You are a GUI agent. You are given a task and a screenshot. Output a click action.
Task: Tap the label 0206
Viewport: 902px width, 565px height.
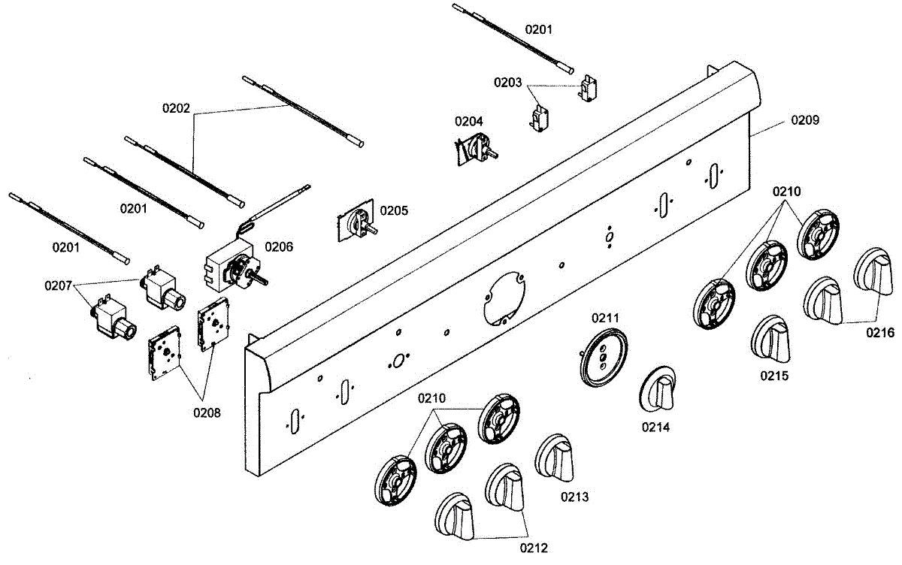tap(279, 246)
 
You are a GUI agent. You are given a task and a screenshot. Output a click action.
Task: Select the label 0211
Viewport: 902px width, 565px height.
tap(605, 318)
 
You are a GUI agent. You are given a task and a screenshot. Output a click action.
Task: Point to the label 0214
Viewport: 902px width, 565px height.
tap(655, 427)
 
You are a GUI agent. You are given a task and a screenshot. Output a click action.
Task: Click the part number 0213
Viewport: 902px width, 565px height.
tap(574, 497)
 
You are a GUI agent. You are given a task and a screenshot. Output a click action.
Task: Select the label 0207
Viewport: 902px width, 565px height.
tap(58, 286)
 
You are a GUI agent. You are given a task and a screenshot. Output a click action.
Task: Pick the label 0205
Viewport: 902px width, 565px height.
tap(394, 210)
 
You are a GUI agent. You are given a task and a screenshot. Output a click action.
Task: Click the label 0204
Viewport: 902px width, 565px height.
tap(468, 121)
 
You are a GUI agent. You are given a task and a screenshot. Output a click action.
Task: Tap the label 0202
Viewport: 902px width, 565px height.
tap(177, 107)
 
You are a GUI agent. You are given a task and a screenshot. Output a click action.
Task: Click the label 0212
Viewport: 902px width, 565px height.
tap(534, 547)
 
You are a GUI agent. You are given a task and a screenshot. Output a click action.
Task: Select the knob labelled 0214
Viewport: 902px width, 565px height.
tap(659, 389)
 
